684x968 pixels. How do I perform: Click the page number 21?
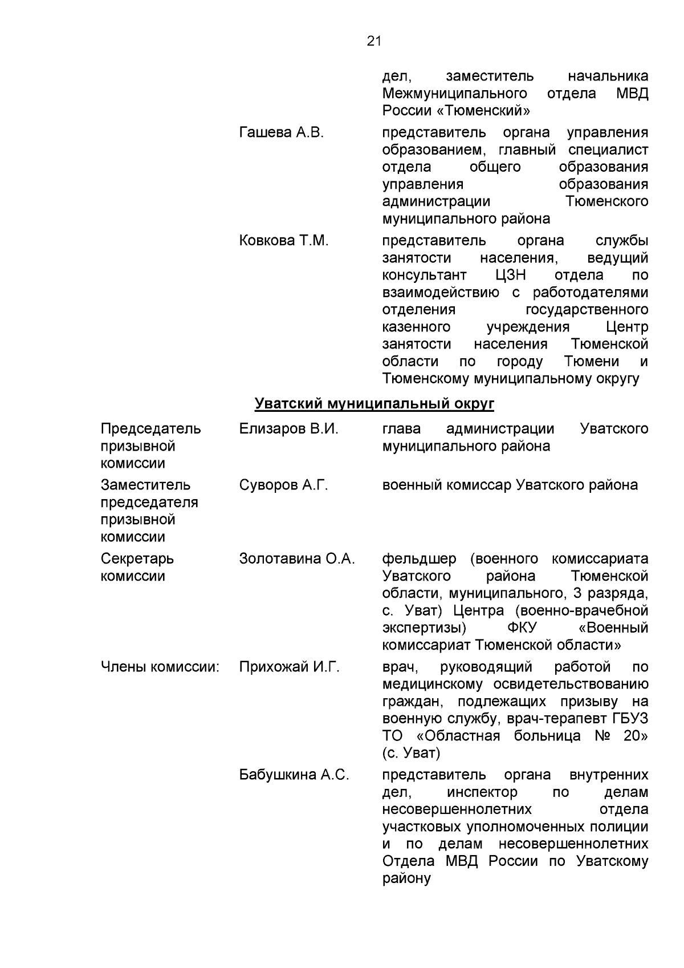point(374,41)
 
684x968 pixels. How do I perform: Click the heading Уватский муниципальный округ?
point(374,404)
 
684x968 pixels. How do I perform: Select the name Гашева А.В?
point(282,133)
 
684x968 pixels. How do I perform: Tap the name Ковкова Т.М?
point(284,241)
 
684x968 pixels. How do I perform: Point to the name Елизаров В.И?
point(289,429)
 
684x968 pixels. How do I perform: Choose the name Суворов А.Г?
point(284,485)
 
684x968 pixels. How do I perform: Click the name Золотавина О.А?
point(297,559)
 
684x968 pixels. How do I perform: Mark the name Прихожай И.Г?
point(290,667)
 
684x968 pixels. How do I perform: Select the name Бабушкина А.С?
point(294,775)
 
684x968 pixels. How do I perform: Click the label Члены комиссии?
point(160,667)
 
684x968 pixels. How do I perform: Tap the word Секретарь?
point(137,559)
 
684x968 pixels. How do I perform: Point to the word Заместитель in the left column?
point(146,485)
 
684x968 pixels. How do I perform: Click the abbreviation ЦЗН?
point(511,276)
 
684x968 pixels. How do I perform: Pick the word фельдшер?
point(419,559)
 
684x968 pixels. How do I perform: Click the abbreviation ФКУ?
point(522,628)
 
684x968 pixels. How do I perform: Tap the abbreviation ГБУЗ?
point(628,719)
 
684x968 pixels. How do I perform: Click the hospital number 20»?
point(636,736)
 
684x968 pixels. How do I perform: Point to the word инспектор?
point(482,792)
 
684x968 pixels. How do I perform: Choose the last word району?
point(406,878)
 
